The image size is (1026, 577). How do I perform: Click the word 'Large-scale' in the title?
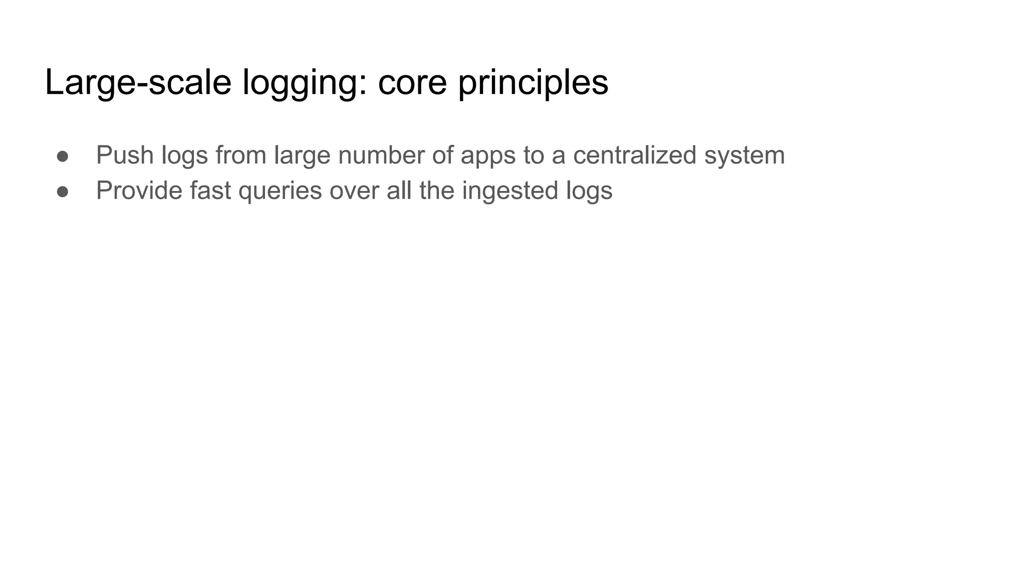(138, 83)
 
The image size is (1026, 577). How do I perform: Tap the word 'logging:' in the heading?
(305, 83)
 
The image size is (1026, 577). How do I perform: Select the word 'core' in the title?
(412, 83)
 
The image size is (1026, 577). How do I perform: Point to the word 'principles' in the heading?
(533, 83)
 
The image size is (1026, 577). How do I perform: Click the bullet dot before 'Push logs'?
(63, 156)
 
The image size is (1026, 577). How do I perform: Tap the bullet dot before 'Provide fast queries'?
(63, 192)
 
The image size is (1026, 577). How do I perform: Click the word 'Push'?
(125, 155)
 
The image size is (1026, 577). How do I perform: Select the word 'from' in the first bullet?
(241, 155)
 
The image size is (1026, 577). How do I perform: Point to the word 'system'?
(744, 156)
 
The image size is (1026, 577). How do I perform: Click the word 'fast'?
(210, 191)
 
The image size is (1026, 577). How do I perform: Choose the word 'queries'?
(280, 192)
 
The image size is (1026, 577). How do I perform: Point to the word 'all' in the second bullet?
(399, 191)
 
